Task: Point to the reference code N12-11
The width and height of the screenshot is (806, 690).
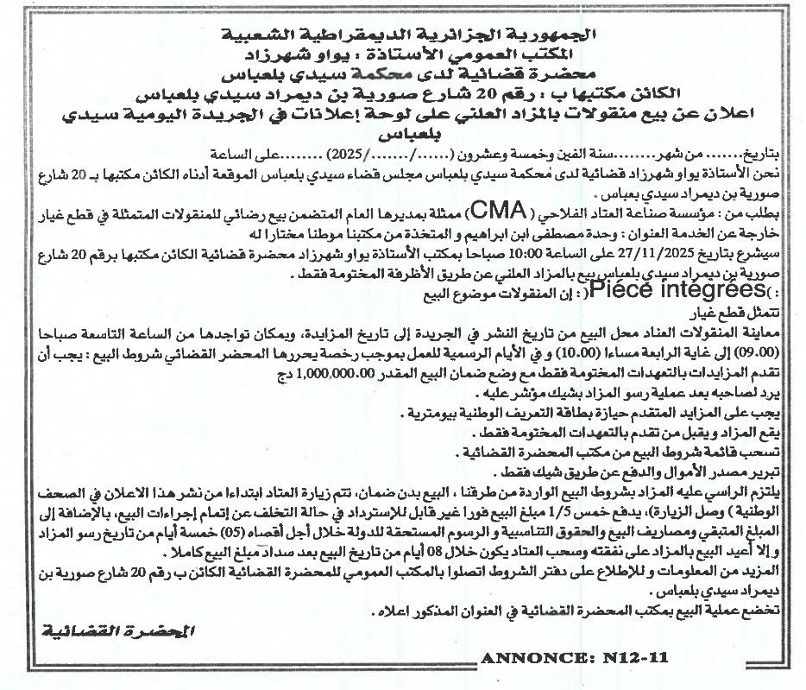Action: (x=637, y=657)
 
